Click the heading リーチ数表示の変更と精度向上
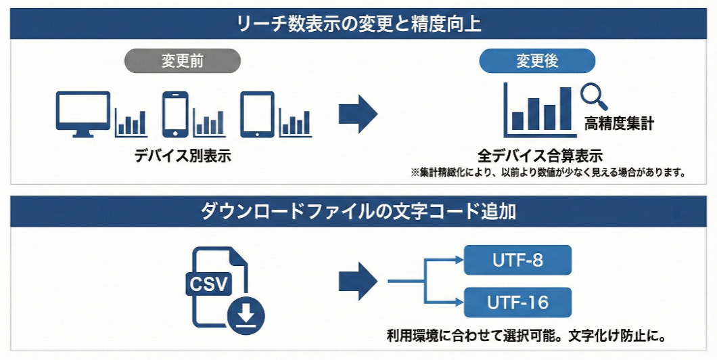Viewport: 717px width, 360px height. pyautogui.click(x=358, y=25)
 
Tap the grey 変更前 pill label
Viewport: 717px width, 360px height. pyautogui.click(x=183, y=62)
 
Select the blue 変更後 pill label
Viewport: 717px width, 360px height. pyautogui.click(x=537, y=62)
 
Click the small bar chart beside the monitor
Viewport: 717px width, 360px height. pyautogui.click(x=131, y=122)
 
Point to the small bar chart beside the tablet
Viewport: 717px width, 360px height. pyautogui.click(x=295, y=122)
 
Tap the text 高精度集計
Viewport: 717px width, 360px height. pyautogui.click(x=619, y=124)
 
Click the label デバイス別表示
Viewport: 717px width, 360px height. pyautogui.click(x=183, y=156)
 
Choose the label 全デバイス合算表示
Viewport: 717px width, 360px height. pyautogui.click(x=540, y=156)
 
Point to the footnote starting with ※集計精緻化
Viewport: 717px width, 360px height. pyautogui.click(x=549, y=173)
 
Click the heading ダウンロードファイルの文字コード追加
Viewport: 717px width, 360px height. pyautogui.click(x=358, y=211)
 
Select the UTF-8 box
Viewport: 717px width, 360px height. pyautogui.click(x=518, y=261)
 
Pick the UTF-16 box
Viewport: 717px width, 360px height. pyautogui.click(x=518, y=302)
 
